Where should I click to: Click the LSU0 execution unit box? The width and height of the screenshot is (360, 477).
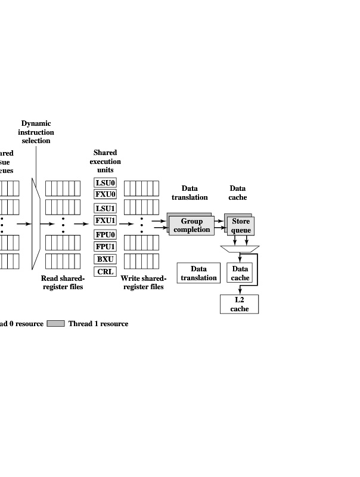click(x=105, y=183)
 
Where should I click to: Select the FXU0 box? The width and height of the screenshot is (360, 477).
click(x=105, y=194)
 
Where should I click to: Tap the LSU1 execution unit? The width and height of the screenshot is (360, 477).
click(x=105, y=209)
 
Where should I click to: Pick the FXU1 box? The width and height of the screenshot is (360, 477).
click(x=105, y=221)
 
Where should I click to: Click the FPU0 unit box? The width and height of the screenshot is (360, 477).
click(x=105, y=235)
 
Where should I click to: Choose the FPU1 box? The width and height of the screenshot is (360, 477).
click(x=105, y=247)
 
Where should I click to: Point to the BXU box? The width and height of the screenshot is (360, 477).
click(x=105, y=259)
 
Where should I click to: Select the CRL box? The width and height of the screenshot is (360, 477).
click(x=105, y=272)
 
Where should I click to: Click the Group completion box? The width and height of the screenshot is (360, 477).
click(x=192, y=226)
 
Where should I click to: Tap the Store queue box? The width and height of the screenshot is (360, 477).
click(x=241, y=225)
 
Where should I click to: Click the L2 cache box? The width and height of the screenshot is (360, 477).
click(x=240, y=304)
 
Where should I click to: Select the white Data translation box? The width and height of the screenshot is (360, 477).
click(x=198, y=274)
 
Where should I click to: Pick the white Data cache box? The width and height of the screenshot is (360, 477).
click(x=240, y=274)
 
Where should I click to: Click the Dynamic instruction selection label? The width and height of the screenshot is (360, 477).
click(x=36, y=132)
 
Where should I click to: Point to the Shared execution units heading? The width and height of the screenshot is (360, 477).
click(x=105, y=161)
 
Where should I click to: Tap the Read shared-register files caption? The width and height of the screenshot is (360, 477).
click(x=63, y=283)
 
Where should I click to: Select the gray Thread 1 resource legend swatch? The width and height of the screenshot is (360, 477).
click(x=56, y=324)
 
